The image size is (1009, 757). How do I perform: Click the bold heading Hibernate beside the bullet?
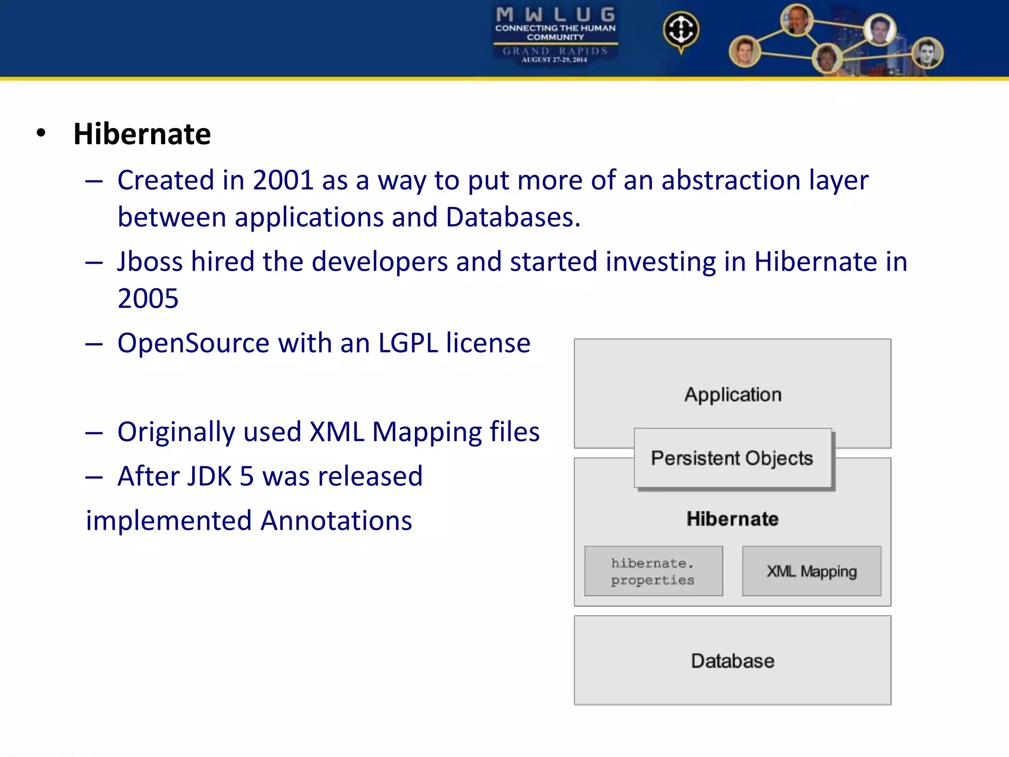(x=142, y=134)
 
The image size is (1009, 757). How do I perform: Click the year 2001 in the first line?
(x=283, y=180)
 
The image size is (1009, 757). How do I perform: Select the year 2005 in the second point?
(x=148, y=299)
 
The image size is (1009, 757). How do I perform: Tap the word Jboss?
(x=150, y=262)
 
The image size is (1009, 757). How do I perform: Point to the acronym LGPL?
(x=408, y=343)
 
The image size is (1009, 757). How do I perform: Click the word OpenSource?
(x=193, y=343)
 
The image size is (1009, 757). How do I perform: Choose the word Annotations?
(x=336, y=521)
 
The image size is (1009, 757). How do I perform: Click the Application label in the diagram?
(x=733, y=395)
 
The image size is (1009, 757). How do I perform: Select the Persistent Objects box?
(x=732, y=458)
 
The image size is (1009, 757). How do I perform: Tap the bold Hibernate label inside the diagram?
(x=733, y=519)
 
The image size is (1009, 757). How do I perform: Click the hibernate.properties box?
(x=653, y=571)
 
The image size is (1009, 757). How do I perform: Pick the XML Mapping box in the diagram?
(x=811, y=571)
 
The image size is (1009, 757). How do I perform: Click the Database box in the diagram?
(x=733, y=661)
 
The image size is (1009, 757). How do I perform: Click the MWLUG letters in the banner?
(x=555, y=14)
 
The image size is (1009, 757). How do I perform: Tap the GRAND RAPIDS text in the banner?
(x=555, y=51)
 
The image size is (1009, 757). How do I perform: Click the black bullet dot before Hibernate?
(x=41, y=133)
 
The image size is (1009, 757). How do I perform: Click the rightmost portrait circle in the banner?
(x=927, y=53)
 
